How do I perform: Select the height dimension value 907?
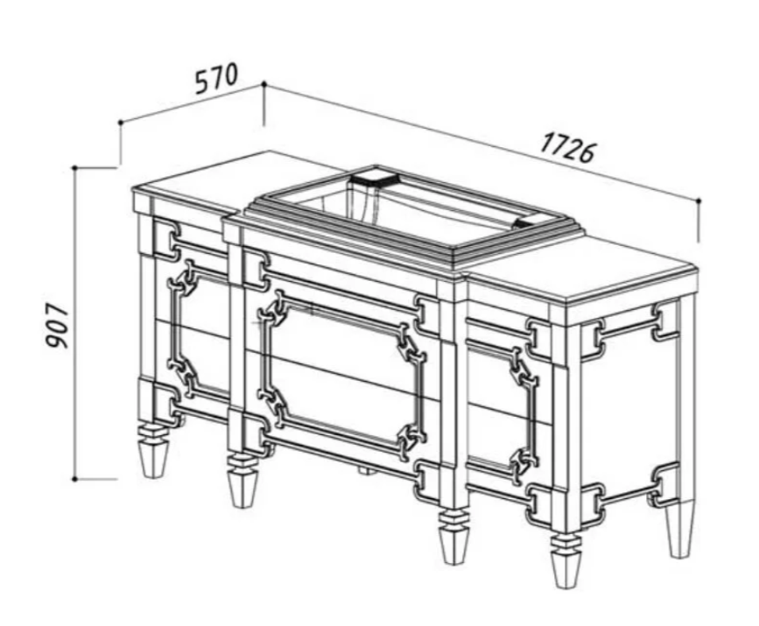pyautogui.click(x=58, y=326)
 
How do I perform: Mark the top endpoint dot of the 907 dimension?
pyautogui.click(x=75, y=168)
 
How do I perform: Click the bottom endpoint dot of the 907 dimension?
pyautogui.click(x=74, y=479)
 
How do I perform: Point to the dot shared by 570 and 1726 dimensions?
pyautogui.click(x=264, y=84)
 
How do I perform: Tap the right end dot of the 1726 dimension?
pyautogui.click(x=699, y=200)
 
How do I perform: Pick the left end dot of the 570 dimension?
pyautogui.click(x=121, y=123)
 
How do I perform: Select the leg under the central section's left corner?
pyautogui.click(x=241, y=480)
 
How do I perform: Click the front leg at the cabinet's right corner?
pyautogui.click(x=566, y=560)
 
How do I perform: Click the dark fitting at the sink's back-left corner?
pyautogui.click(x=373, y=176)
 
